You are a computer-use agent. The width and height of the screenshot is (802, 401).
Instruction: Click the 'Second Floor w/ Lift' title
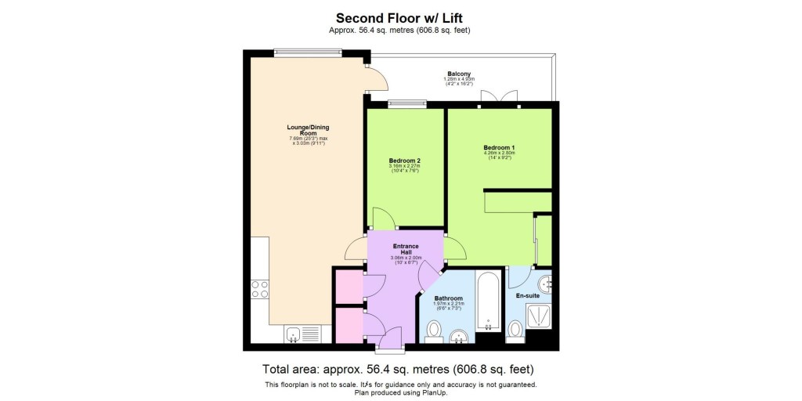(x=400, y=17)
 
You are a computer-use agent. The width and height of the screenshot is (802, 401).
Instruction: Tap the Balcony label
(x=459, y=74)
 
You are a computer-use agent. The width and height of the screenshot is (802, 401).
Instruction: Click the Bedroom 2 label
(x=405, y=161)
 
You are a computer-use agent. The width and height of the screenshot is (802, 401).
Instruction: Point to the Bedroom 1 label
(x=498, y=148)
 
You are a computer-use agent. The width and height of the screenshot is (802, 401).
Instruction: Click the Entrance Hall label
(x=405, y=248)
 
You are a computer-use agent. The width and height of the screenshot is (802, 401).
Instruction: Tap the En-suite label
(x=529, y=296)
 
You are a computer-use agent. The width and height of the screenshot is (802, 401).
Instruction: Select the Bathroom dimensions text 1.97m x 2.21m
(x=449, y=305)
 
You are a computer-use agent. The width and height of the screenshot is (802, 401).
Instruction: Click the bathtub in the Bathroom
(x=488, y=302)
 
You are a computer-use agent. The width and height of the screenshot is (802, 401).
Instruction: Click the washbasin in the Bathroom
(x=459, y=336)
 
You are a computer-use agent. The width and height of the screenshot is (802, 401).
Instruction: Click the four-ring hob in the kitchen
(x=260, y=289)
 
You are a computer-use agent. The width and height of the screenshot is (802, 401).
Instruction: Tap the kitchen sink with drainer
(x=301, y=334)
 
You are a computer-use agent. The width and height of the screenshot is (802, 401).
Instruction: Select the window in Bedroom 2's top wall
(x=406, y=103)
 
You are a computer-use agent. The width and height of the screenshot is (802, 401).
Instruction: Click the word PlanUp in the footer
(x=435, y=392)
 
